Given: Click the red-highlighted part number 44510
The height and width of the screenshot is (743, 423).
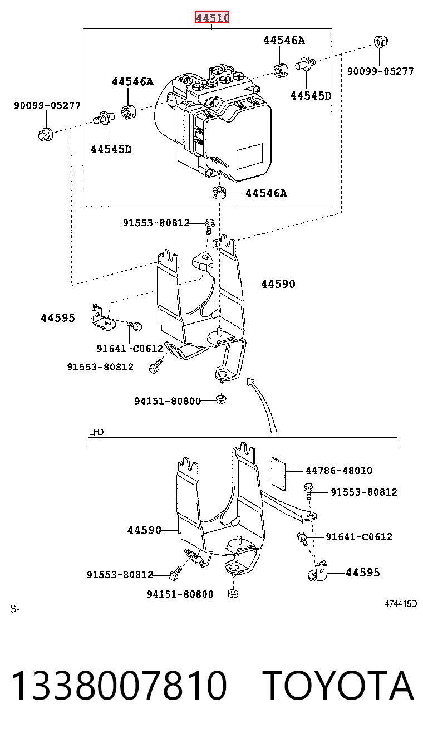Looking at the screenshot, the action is point(212,17).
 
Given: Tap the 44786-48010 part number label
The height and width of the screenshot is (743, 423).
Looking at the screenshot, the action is point(339,471).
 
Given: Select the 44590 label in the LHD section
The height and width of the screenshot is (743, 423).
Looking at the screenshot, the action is point(144,530).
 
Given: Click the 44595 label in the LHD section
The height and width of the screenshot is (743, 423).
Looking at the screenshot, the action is point(363,573).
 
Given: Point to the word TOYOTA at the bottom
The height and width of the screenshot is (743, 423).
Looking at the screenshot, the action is point(340,685).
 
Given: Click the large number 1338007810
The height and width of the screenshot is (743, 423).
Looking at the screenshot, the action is point(119,685).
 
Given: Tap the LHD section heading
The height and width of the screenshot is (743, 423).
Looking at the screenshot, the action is point(96,432).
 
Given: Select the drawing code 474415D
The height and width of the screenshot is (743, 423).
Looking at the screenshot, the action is point(400,604).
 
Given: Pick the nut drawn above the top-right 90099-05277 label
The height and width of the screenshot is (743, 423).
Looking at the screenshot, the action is point(381,42).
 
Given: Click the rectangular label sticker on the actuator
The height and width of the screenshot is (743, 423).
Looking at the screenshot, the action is point(250,156).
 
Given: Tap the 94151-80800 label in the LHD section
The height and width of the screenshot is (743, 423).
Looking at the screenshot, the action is point(180,594).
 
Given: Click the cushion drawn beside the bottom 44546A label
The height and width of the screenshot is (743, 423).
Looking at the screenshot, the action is point(219,193).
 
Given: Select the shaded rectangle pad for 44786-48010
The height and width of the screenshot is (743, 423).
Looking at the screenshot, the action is point(278,473).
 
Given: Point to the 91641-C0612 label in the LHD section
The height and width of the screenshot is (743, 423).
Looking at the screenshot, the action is point(359,537).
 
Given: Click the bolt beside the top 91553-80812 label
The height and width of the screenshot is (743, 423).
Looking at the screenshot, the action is point(210,226).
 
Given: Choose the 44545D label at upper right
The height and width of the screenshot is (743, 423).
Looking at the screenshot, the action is point(311,96).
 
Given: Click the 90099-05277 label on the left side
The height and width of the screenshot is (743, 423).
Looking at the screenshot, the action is point(47,106).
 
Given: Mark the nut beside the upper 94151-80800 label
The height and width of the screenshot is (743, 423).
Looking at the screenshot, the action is point(221,399).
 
